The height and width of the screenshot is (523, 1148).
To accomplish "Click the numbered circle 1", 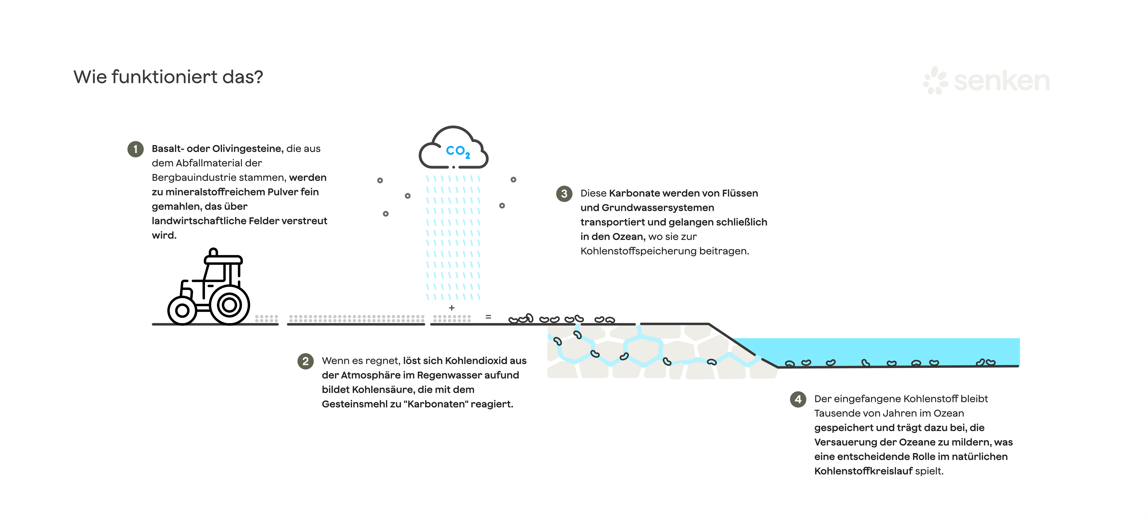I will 136,149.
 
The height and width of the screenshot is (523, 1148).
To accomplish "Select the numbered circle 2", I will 305,361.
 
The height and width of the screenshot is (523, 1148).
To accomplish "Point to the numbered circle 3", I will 564,193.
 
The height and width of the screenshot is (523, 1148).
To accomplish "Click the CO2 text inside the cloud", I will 458,151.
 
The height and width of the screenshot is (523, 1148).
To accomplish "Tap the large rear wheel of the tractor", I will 230,305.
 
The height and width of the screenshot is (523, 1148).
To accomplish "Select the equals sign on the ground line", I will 488,317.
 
